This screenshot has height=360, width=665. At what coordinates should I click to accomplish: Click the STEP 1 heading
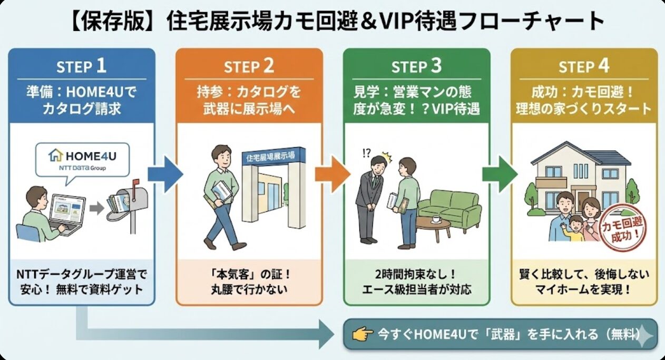81,66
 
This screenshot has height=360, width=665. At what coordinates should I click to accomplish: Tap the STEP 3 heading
416,67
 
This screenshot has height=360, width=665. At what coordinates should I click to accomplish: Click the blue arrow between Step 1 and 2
164,173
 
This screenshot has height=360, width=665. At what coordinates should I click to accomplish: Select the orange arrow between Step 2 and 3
332,173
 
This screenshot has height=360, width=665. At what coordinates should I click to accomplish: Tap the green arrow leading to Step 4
500,173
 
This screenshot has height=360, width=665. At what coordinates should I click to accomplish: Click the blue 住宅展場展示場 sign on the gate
270,157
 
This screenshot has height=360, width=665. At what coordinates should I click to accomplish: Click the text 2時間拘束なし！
416,275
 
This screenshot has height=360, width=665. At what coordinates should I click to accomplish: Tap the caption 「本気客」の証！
249,275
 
